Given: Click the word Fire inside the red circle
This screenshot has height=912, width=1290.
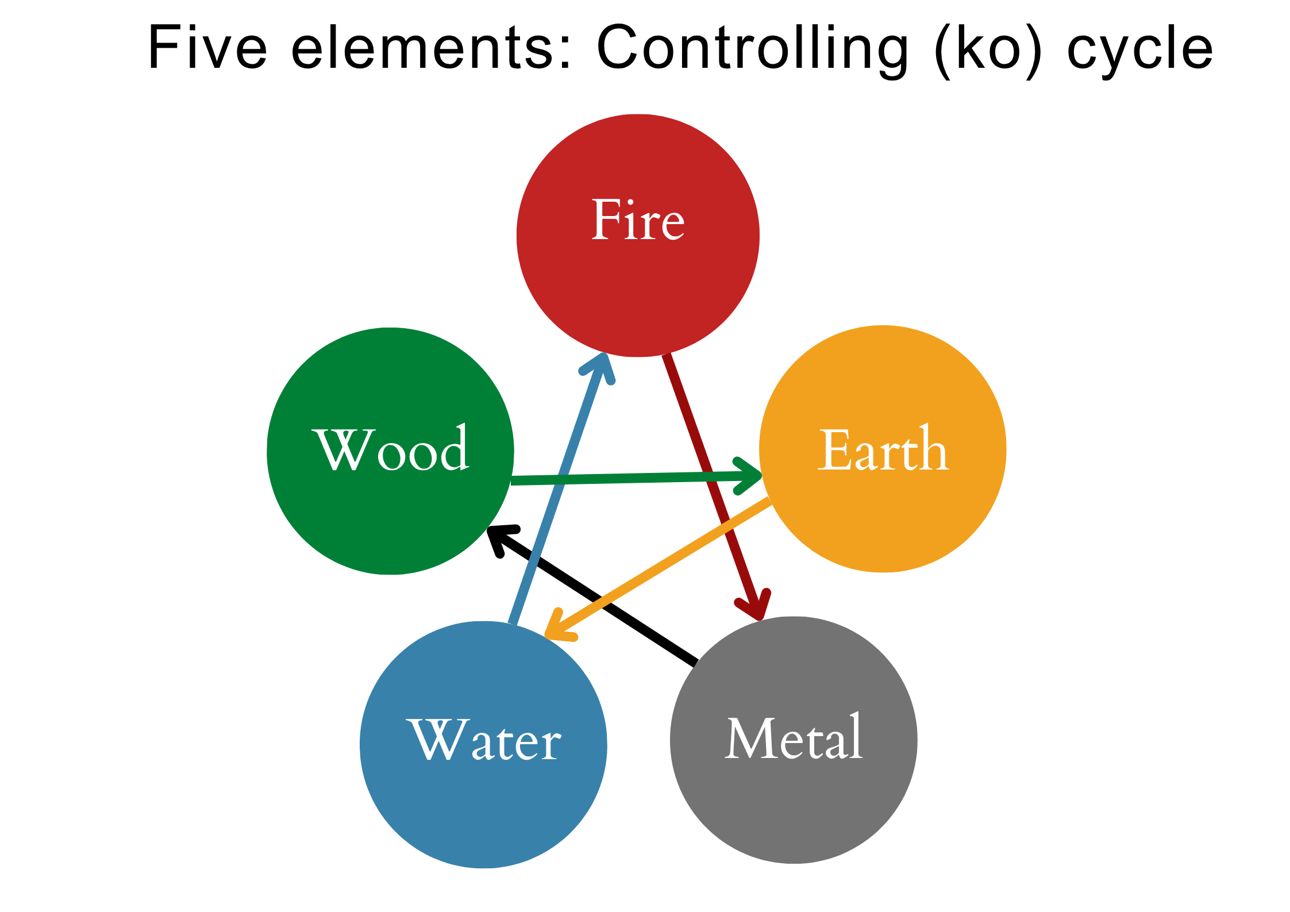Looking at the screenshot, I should pos(638,220).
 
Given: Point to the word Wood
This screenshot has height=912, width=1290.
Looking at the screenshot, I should pos(391,449).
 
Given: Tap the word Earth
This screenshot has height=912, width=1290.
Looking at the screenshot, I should pos(883,451).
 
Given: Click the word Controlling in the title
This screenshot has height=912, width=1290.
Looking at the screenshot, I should pos(753,49).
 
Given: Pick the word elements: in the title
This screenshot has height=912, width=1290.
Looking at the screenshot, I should pos(432,49).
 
